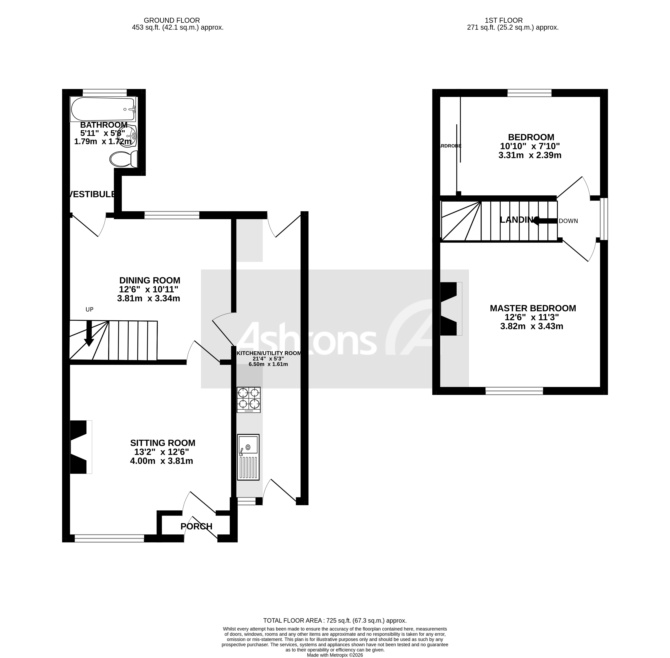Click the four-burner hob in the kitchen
tap(248, 400)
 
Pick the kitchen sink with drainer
tap(248, 457)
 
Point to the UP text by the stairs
tap(89, 309)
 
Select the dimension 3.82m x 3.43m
tap(531, 326)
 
